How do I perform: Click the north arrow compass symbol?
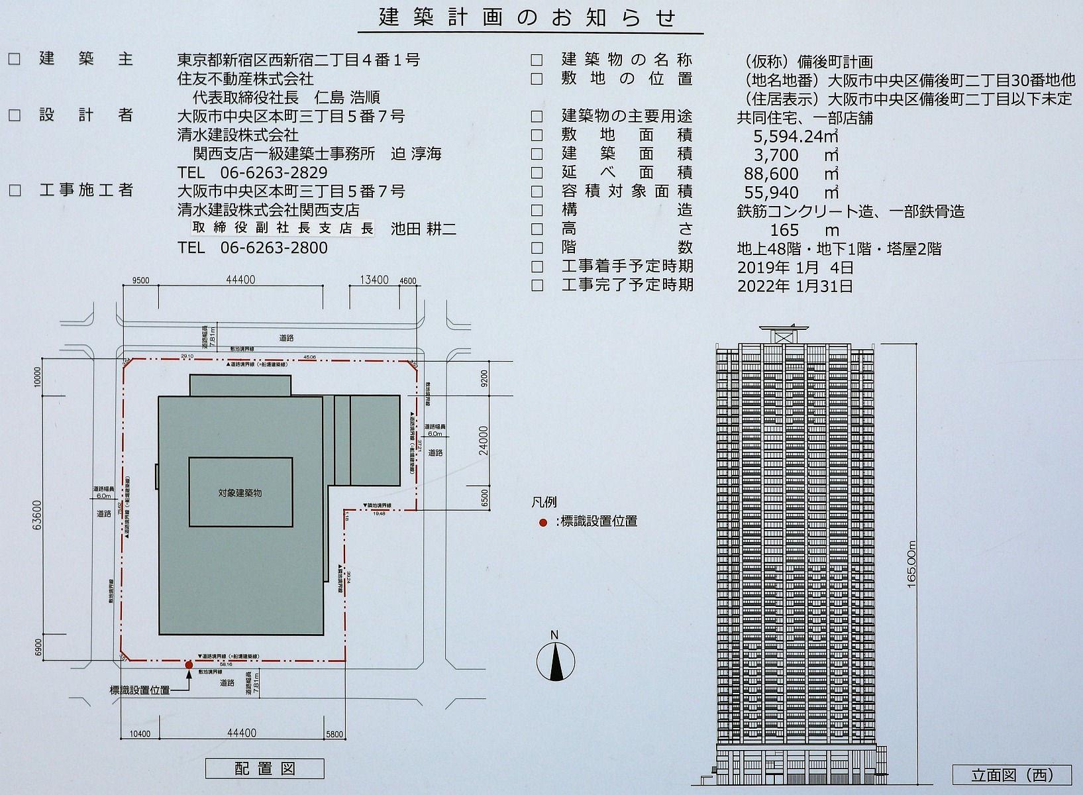(x=555, y=661)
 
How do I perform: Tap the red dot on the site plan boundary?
(x=189, y=664)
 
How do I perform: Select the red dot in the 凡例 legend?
(x=543, y=523)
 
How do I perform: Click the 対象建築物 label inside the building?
(x=240, y=493)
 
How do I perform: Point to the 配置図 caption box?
(x=264, y=768)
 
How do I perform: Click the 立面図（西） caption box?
(x=1011, y=774)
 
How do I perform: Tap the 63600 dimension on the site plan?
(x=37, y=514)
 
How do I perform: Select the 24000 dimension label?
(x=484, y=440)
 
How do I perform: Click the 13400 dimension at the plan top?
(x=374, y=280)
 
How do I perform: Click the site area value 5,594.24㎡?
(x=796, y=136)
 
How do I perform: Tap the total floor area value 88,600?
(x=772, y=174)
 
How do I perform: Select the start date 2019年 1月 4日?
(x=795, y=268)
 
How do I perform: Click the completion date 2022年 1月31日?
(x=795, y=286)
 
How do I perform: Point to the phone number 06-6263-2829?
(x=274, y=173)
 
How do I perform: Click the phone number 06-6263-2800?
(x=274, y=248)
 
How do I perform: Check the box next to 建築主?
(x=15, y=60)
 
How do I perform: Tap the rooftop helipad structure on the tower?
(x=784, y=331)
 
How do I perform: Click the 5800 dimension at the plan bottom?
(x=335, y=734)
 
